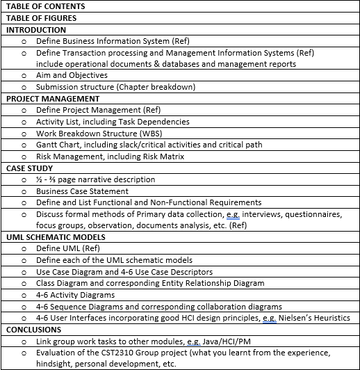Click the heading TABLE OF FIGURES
(41, 18)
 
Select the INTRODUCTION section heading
(36, 30)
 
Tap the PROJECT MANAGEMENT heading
(53, 99)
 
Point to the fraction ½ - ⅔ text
(47, 179)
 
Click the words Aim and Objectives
(72, 76)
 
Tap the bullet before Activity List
(24, 122)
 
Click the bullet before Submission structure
(24, 87)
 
